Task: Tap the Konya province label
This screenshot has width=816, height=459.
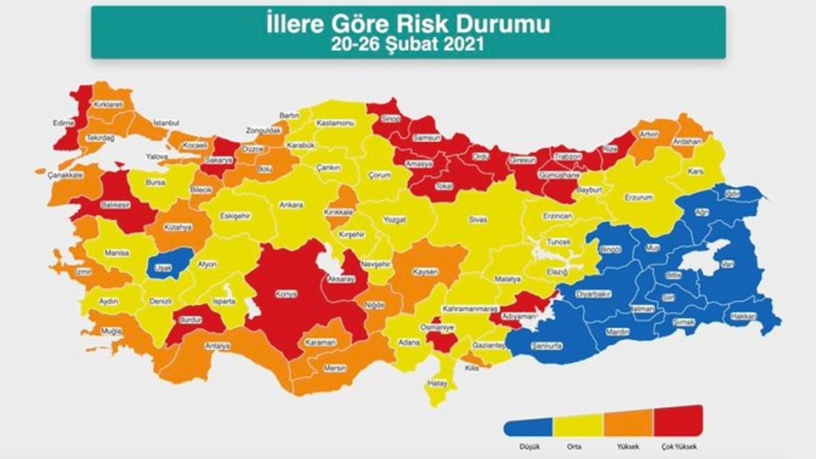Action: (286, 294)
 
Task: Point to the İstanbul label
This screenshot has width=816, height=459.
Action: (166, 123)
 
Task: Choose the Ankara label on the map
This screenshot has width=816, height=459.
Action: (292, 205)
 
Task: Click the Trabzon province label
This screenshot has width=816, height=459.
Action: (567, 157)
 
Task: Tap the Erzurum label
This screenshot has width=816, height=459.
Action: (637, 197)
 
